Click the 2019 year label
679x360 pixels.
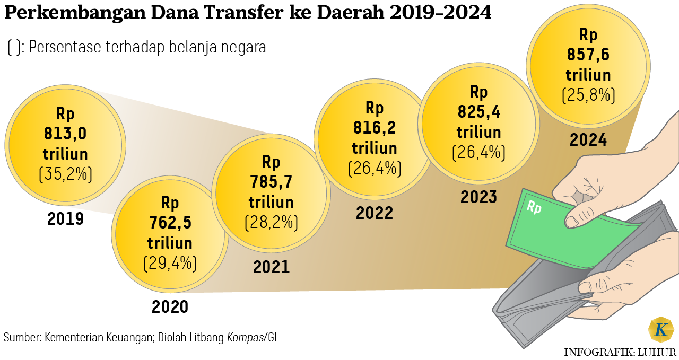coord(66,218)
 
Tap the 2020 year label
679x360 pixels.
coord(170,306)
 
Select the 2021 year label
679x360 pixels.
coord(271,267)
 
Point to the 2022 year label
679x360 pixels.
coord(375,213)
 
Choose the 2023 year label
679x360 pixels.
coord(478,197)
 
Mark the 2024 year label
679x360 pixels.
coord(588,140)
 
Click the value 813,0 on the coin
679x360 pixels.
coord(65,134)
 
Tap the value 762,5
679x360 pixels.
coord(170,223)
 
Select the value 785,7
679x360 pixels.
coord(271,182)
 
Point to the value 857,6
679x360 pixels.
coord(588,55)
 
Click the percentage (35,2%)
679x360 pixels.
coord(66,174)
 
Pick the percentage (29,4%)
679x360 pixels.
coord(170,262)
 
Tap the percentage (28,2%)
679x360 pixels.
coord(271,222)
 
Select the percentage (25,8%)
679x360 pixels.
coord(588,95)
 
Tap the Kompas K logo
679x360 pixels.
coord(661,329)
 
